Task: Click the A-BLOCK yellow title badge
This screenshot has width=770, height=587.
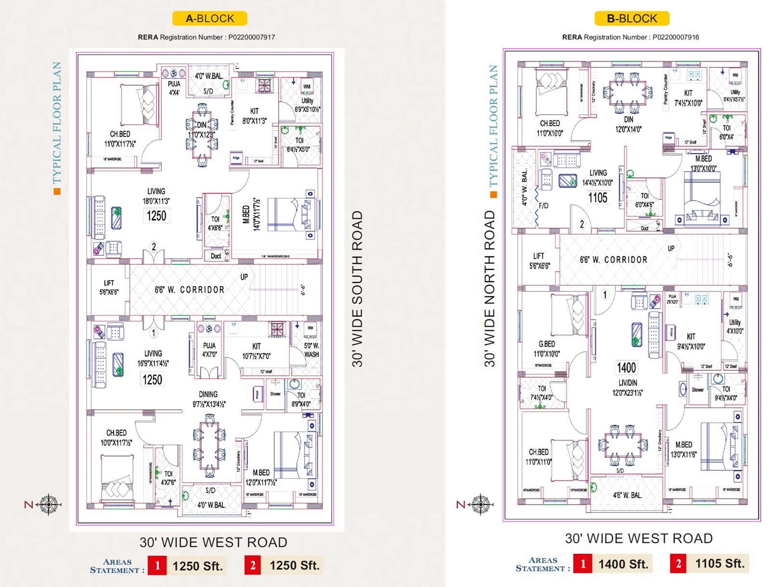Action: (210, 19)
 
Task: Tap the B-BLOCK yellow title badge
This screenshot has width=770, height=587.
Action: (631, 19)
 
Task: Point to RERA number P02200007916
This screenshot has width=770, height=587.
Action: (676, 37)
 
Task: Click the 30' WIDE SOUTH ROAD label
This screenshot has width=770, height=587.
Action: (357, 289)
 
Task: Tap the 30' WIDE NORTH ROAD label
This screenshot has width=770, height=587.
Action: (489, 289)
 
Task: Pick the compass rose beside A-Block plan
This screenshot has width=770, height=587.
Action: (49, 505)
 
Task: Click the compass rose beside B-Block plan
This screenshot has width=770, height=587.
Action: (480, 504)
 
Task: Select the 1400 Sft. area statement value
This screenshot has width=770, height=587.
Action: (623, 564)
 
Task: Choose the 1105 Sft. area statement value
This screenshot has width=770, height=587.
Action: (719, 563)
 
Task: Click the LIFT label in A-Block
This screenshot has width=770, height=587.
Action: (109, 283)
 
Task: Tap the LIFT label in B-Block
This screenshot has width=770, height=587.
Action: (539, 256)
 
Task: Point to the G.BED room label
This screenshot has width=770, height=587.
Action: (547, 344)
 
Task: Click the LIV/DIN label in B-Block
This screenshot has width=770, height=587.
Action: (628, 383)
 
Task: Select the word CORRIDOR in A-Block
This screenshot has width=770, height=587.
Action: (202, 290)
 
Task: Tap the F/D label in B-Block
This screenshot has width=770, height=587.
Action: (543, 206)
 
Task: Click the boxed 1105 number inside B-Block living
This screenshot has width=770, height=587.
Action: (598, 198)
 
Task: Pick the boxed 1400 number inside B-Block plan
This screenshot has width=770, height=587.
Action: (627, 368)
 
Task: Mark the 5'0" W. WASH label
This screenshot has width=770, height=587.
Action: (311, 350)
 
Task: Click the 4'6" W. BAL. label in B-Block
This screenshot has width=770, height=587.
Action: (627, 495)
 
